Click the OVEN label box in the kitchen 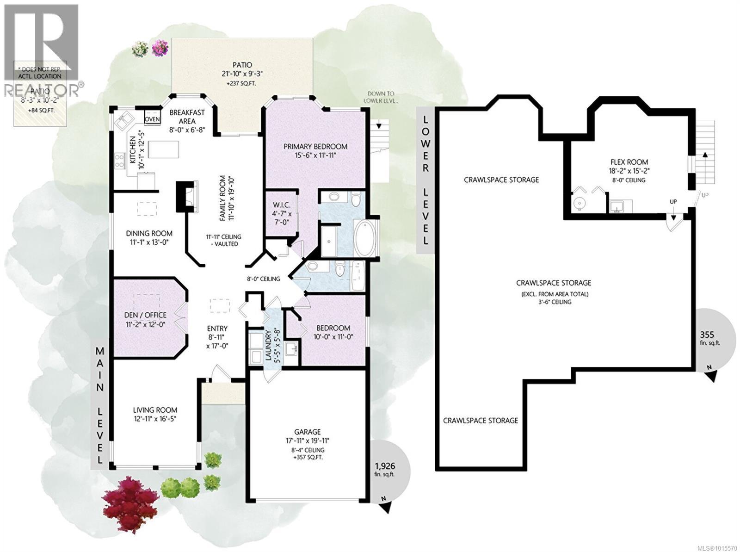point(152,119)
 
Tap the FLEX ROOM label point(629,162)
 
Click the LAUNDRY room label point(268,344)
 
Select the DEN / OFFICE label point(145,315)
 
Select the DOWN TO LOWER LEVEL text point(381,97)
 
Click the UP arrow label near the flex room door point(673,202)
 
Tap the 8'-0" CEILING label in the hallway point(263,279)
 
